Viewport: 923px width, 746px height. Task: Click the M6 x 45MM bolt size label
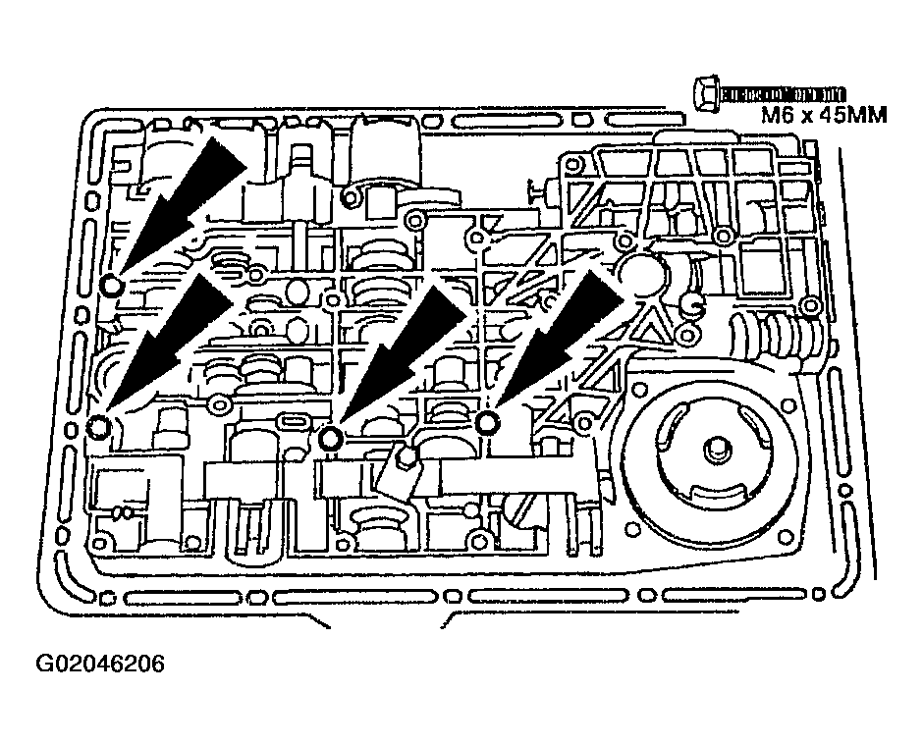(824, 115)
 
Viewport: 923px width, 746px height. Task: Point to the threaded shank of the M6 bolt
(783, 93)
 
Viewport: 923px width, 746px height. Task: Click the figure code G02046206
(100, 665)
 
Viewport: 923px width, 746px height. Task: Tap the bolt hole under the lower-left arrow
(98, 426)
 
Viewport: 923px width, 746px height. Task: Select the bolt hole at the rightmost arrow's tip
(488, 422)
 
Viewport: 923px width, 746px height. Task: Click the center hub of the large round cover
(714, 449)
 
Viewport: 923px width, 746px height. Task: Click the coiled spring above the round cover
(771, 336)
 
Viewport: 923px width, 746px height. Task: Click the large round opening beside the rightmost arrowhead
(638, 272)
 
